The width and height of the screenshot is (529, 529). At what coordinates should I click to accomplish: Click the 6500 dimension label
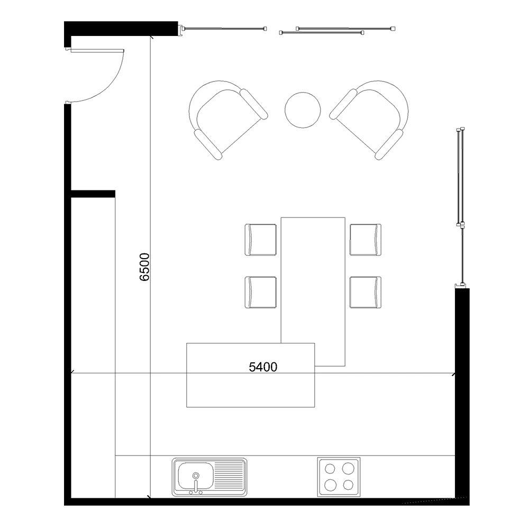pyautogui.click(x=144, y=267)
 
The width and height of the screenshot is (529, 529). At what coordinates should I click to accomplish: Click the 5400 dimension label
pyautogui.click(x=263, y=367)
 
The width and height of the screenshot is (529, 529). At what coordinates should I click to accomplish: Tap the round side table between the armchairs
pyautogui.click(x=303, y=110)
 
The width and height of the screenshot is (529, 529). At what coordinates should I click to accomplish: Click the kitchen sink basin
pyautogui.click(x=196, y=476)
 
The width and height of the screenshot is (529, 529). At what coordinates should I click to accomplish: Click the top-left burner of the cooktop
pyautogui.click(x=330, y=469)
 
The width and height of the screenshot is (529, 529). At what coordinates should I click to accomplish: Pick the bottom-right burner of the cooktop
pyautogui.click(x=348, y=485)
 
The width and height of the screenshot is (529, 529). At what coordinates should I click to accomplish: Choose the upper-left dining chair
pyautogui.click(x=260, y=240)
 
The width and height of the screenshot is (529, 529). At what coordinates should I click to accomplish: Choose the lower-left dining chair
pyautogui.click(x=260, y=292)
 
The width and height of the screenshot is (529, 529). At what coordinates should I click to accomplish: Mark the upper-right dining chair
pyautogui.click(x=366, y=240)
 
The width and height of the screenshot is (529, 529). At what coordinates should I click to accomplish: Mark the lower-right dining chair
pyautogui.click(x=366, y=292)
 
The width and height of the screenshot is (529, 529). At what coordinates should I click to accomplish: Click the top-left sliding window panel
pyautogui.click(x=223, y=29)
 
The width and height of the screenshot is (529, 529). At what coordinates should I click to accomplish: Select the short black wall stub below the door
pyautogui.click(x=93, y=194)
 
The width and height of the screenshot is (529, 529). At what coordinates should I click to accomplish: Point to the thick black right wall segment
pyautogui.click(x=462, y=393)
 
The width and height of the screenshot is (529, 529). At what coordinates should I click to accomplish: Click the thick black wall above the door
pyautogui.click(x=121, y=29)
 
